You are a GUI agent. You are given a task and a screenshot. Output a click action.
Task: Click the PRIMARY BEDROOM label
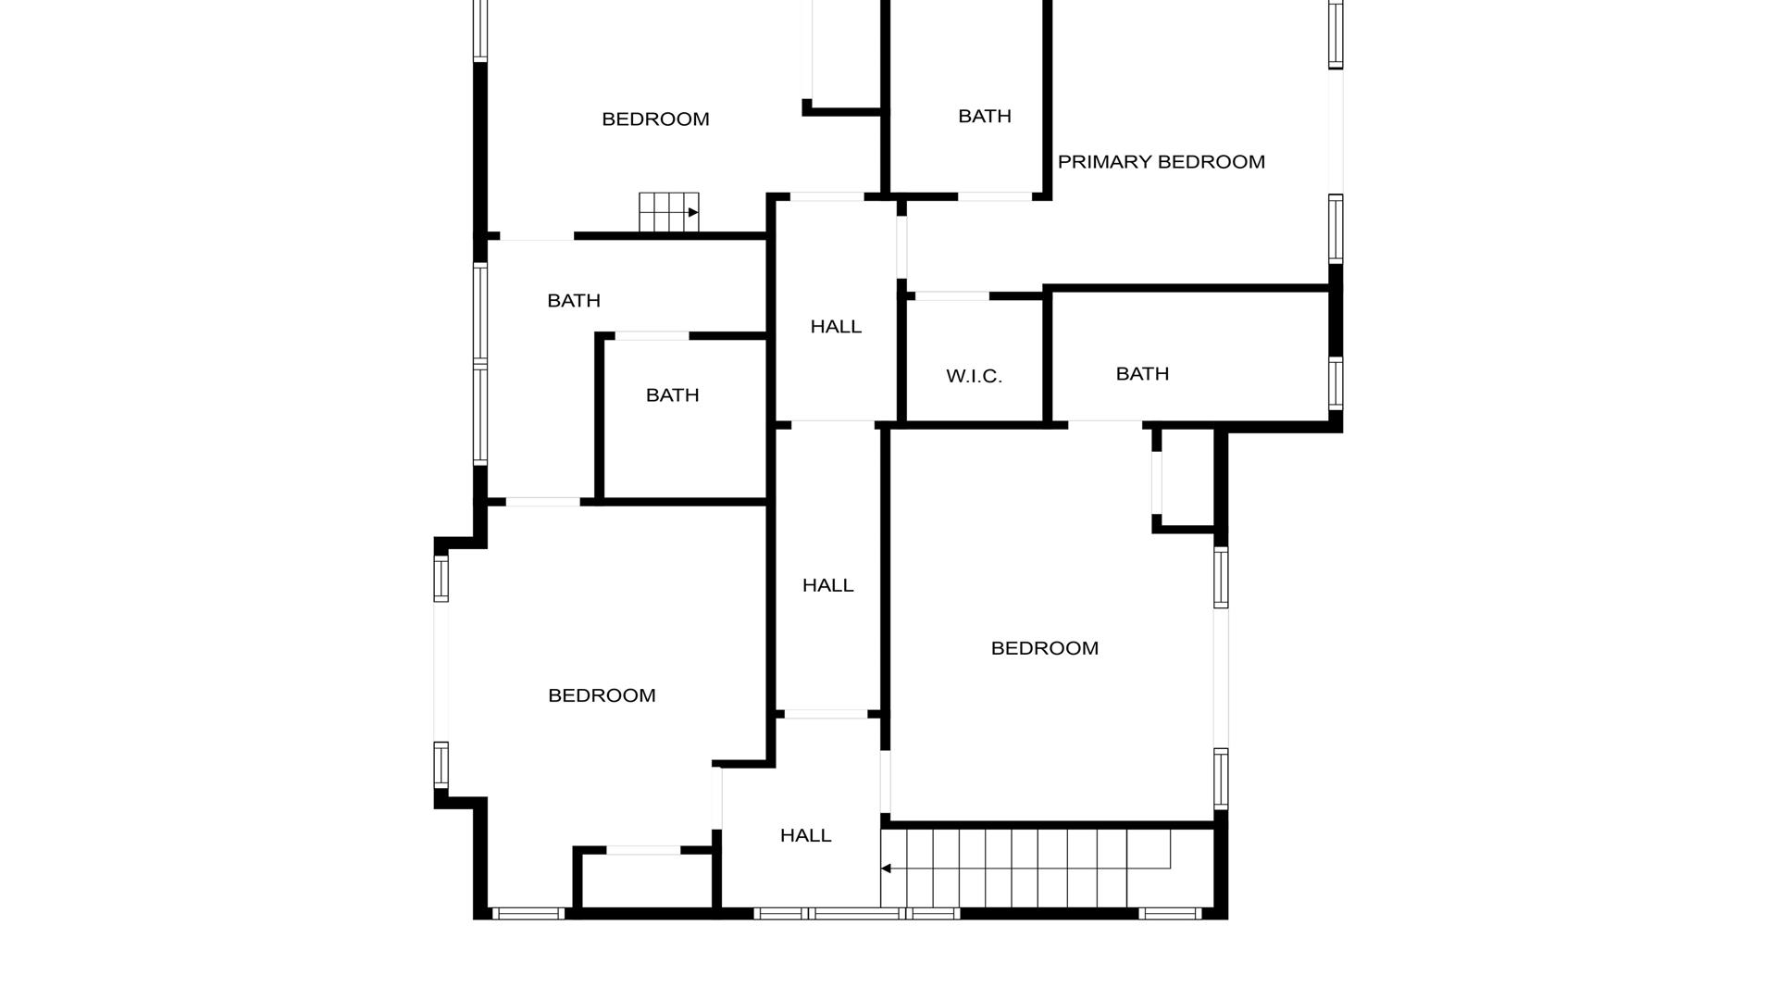pos(1161,162)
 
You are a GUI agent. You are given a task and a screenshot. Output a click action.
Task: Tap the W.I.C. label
pos(974,376)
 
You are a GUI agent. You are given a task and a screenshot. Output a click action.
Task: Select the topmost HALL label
pos(836,326)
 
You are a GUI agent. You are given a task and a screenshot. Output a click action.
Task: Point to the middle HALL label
pos(827,585)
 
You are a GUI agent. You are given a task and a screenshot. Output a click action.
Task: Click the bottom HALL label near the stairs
pos(805,835)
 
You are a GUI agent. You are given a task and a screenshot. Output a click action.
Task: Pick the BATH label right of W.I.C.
pos(1142,373)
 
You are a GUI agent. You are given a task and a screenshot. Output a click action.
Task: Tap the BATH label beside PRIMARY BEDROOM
pos(984,116)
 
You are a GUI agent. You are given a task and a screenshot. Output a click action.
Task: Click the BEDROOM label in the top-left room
pos(655,119)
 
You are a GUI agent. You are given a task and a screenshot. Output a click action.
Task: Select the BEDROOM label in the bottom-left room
pos(602,695)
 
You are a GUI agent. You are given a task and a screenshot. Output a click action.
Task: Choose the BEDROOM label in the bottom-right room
pos(1044,648)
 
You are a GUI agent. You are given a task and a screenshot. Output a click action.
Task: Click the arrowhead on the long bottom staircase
pos(886,869)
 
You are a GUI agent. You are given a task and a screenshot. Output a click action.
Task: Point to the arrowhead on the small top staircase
pos(693,213)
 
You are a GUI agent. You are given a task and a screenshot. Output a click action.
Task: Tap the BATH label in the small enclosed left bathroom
pos(672,395)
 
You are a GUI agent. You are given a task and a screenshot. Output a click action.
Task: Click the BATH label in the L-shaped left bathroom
pos(574,301)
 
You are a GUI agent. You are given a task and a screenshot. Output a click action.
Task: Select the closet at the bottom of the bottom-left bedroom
pos(646,881)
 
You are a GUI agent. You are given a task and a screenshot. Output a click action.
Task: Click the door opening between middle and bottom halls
pos(826,714)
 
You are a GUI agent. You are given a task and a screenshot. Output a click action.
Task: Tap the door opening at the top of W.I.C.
pos(951,296)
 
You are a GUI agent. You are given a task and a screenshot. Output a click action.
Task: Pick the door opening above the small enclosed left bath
pos(652,336)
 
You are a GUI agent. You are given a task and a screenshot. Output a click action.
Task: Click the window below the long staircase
pos(1170,914)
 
